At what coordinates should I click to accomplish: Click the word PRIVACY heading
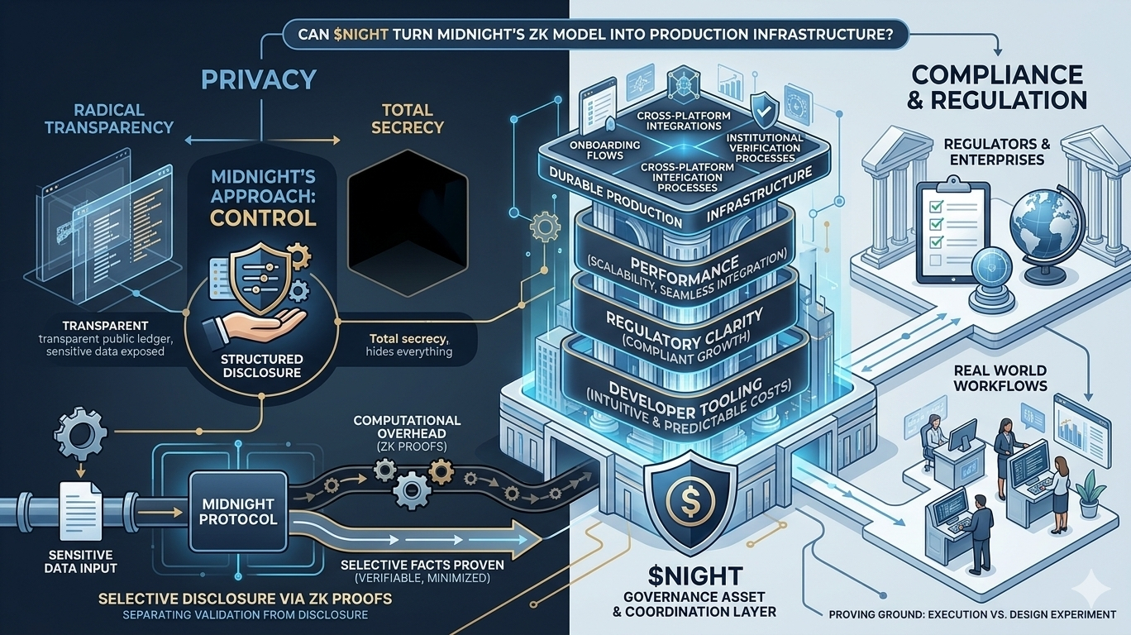[258, 79]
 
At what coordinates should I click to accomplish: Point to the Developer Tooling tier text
[683, 395]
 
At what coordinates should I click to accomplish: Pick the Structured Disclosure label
[262, 366]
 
